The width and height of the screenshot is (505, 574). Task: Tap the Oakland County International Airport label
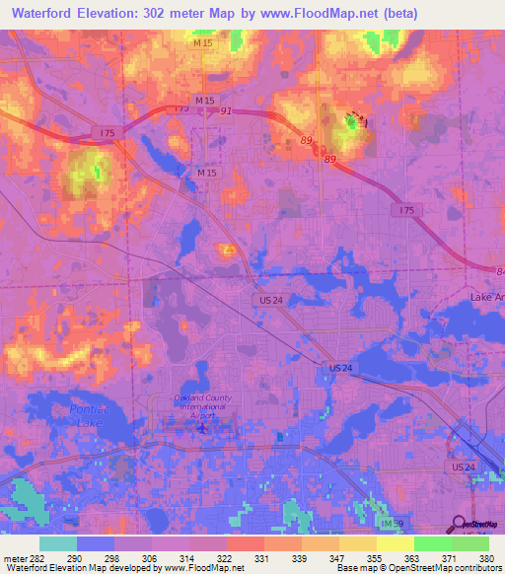(x=202, y=405)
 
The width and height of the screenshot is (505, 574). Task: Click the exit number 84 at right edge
(x=499, y=271)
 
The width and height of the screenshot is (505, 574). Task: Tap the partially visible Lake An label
(x=487, y=297)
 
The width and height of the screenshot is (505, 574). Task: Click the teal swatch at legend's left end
(x=58, y=542)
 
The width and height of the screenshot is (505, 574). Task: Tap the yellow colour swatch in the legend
(x=395, y=542)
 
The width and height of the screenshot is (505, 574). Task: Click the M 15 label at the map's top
(x=202, y=43)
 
